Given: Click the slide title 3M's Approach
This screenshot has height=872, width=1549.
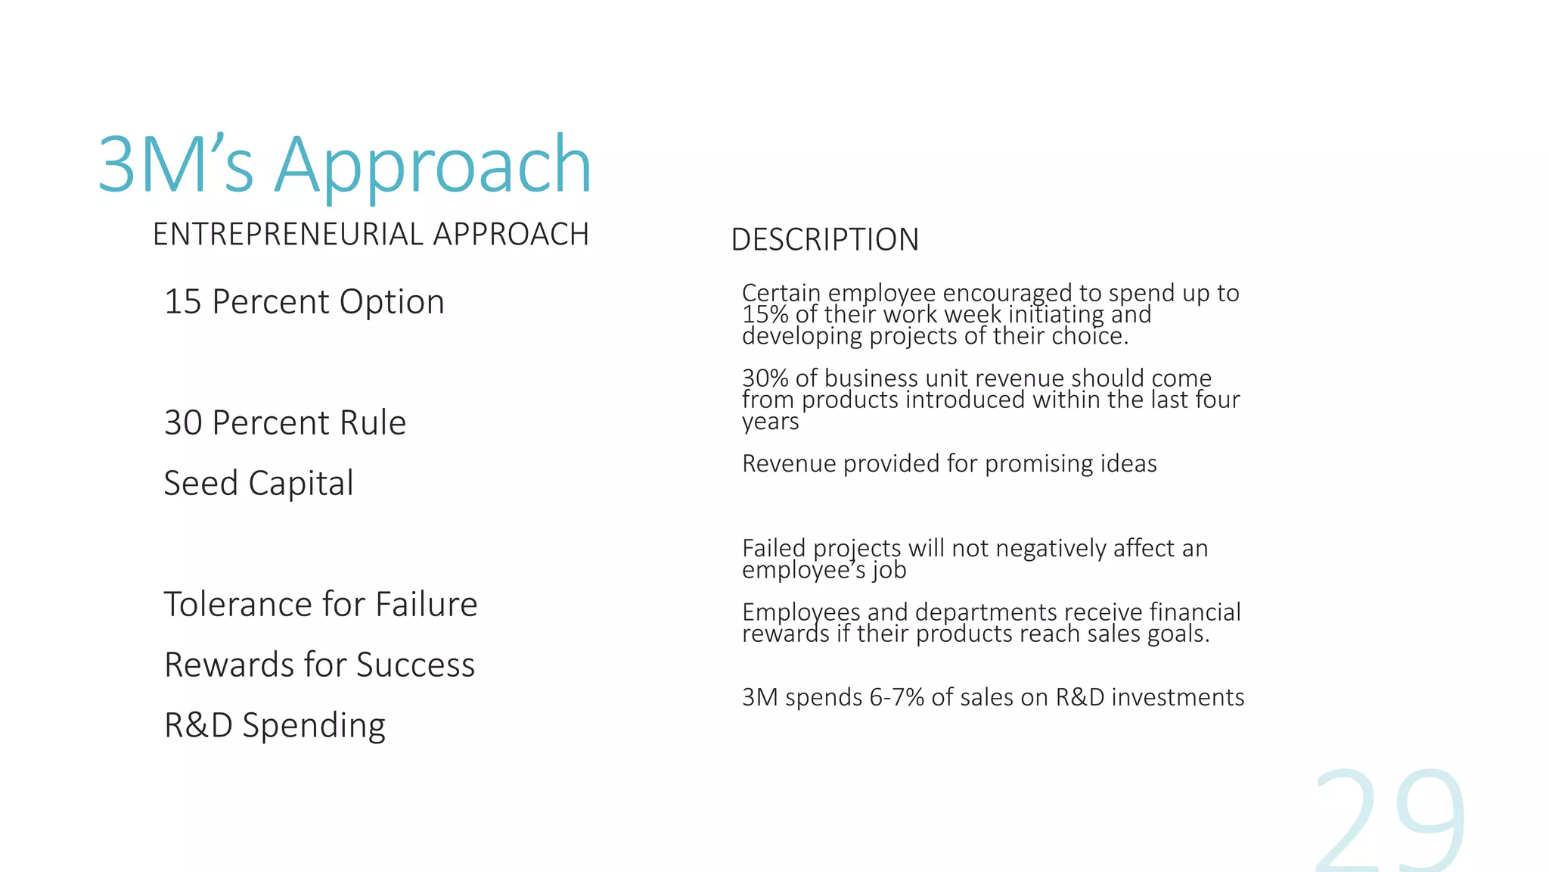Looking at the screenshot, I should tap(344, 165).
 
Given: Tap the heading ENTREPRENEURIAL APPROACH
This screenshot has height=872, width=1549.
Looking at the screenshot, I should tap(371, 235).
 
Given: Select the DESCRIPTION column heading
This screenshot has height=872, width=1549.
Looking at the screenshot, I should tap(824, 240).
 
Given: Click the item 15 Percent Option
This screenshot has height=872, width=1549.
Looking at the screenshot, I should tap(304, 302).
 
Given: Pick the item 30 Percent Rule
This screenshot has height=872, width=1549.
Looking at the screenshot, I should tap(285, 422).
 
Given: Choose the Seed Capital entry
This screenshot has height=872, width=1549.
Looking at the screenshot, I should tap(259, 483).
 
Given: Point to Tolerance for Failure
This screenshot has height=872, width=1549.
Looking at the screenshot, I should tap(321, 604).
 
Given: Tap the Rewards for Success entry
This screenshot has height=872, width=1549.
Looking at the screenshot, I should tap(319, 665).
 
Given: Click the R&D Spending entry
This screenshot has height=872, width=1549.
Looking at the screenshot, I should tap(275, 725).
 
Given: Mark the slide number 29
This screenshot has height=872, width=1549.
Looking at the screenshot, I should tap(1390, 821).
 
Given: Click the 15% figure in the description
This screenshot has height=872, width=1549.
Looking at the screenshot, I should tap(765, 315).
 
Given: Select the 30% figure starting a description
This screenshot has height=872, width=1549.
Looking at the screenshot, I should tap(765, 378).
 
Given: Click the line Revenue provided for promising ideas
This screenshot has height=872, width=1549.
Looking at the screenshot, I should tap(949, 463).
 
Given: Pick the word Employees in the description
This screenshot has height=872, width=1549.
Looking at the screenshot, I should tap(801, 612).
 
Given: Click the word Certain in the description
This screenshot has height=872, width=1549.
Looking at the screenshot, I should tap(781, 293).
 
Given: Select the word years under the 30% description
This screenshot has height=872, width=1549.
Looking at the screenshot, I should tap(770, 422).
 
